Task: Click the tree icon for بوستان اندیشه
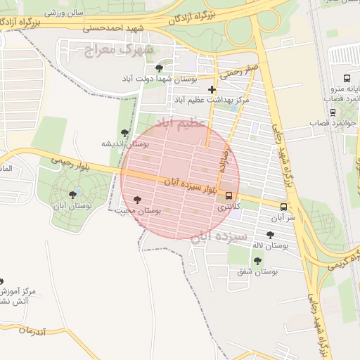(124, 133)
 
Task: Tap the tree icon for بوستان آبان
(72, 195)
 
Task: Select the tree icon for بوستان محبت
(136, 200)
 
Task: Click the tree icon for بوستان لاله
(270, 235)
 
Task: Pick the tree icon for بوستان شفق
(257, 259)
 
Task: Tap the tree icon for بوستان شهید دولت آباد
(160, 68)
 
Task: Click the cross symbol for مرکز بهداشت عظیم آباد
(212, 89)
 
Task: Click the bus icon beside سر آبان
(283, 207)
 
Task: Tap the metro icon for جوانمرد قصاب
(333, 112)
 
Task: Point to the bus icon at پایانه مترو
(347, 79)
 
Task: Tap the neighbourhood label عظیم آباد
(183, 122)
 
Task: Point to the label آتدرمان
(32, 330)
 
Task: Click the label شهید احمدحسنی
(113, 29)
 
